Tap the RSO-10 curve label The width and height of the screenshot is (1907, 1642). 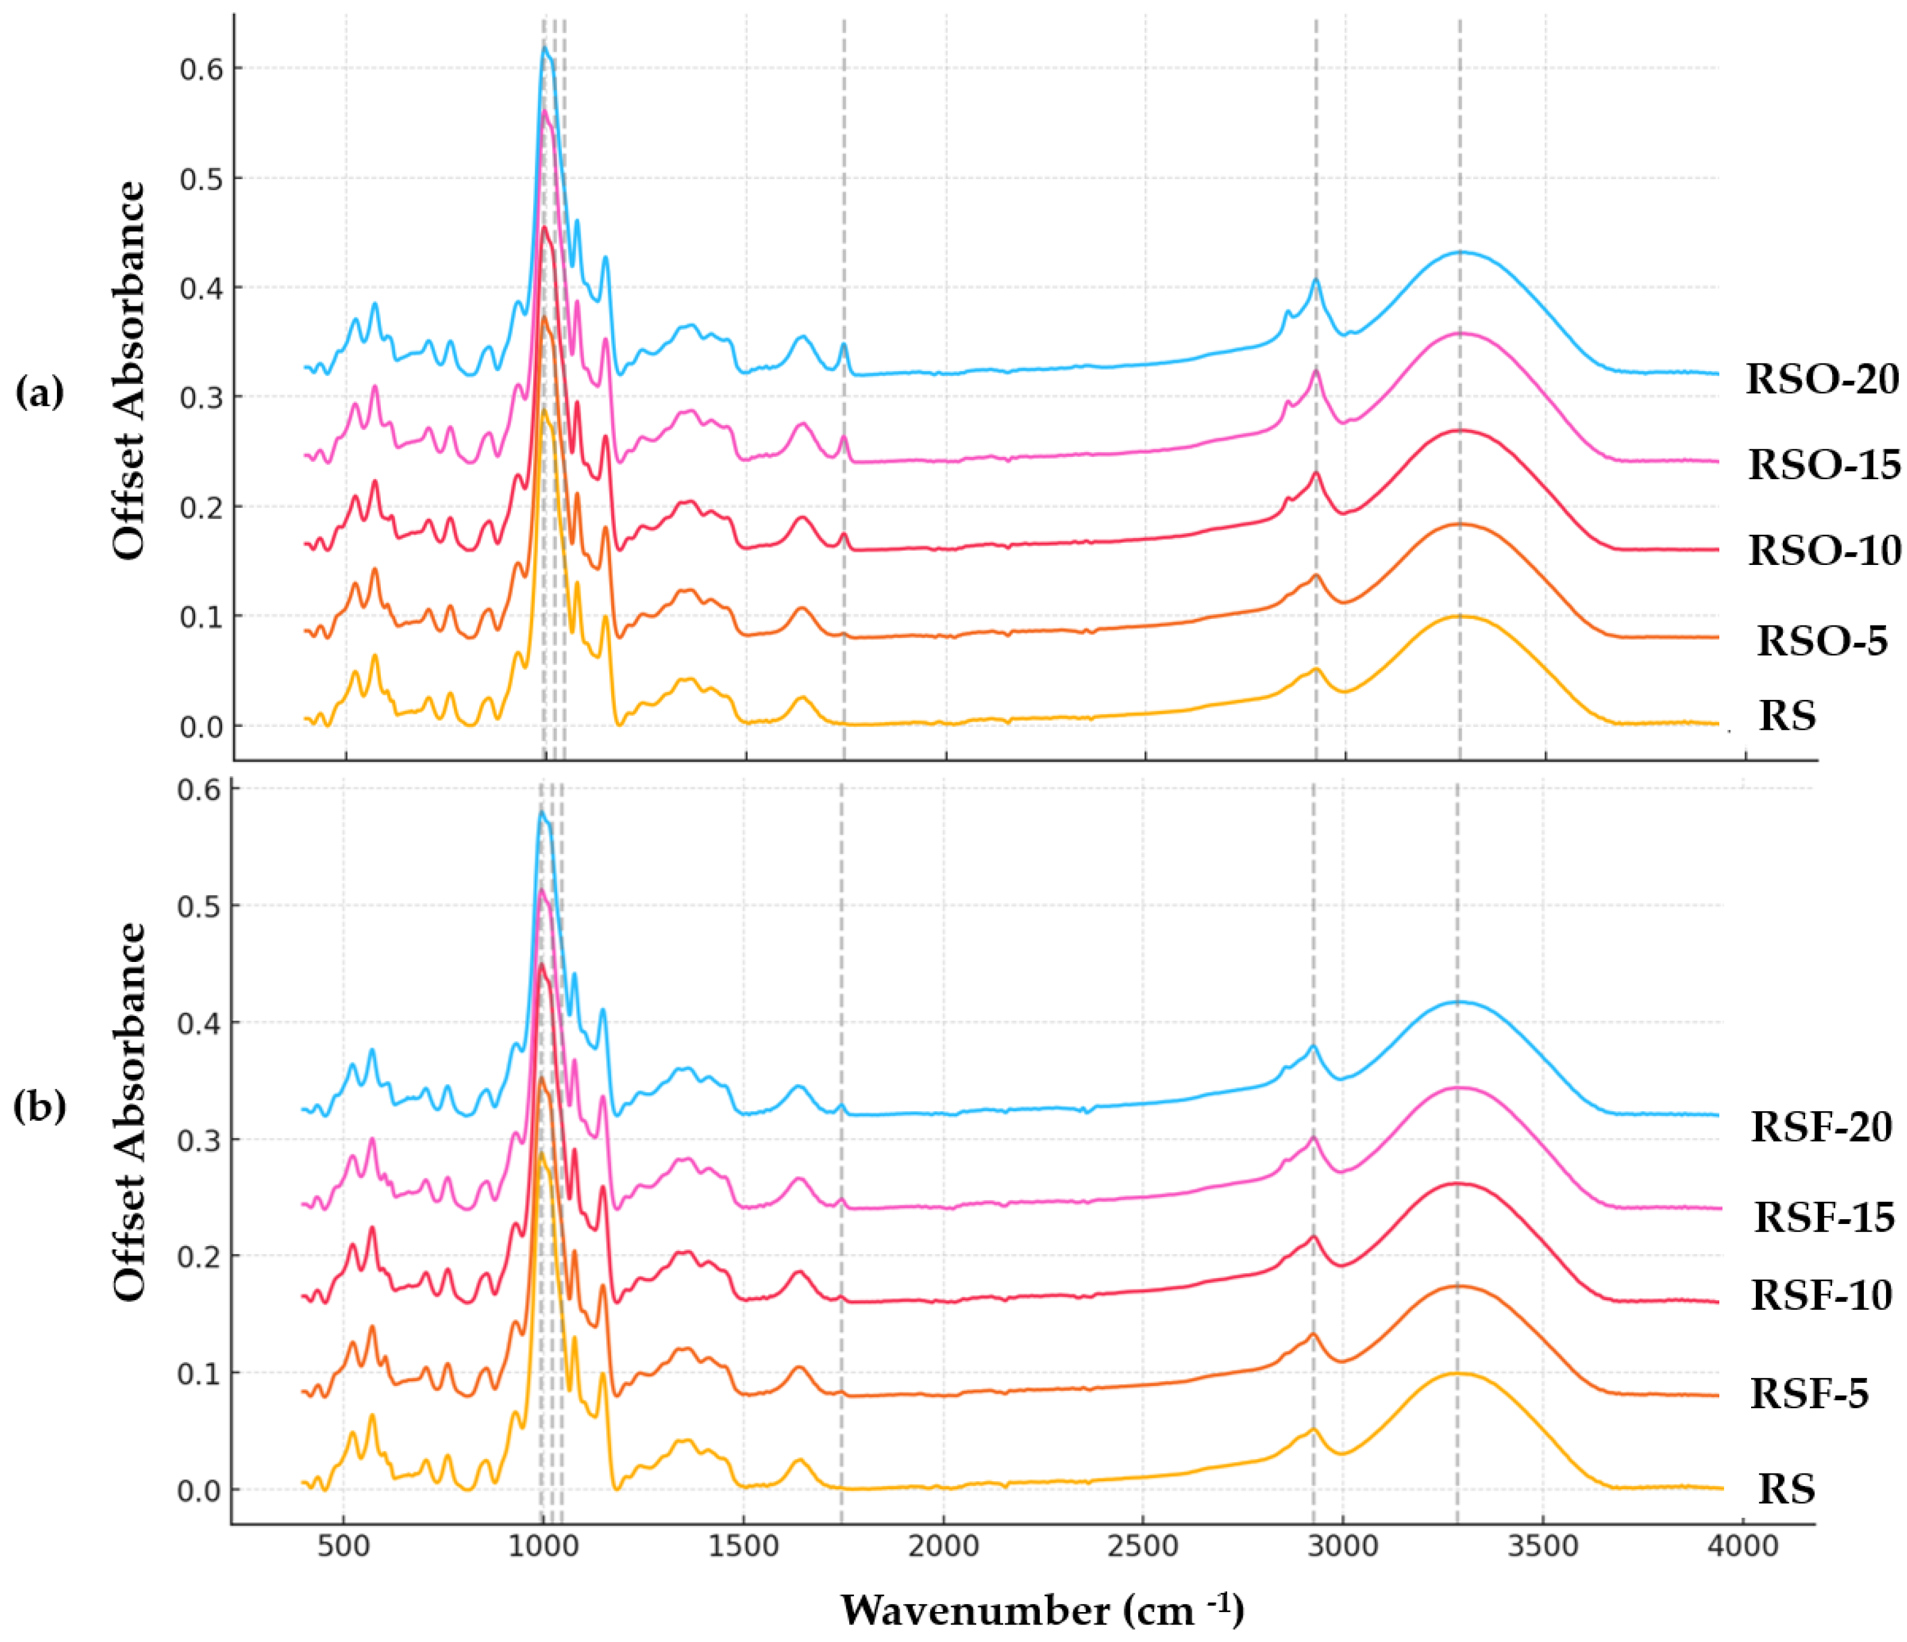click(1824, 551)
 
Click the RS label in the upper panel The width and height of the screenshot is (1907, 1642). click(1787, 716)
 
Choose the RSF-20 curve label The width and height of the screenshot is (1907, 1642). click(1821, 1127)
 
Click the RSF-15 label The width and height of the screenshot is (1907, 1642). click(1824, 1217)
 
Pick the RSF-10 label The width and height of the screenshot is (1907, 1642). click(1821, 1295)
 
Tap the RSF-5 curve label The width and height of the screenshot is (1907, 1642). click(1809, 1394)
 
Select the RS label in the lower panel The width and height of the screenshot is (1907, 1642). click(1786, 1489)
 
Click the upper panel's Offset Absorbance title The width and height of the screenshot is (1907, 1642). click(129, 370)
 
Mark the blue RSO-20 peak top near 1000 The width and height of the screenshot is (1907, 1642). click(545, 48)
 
